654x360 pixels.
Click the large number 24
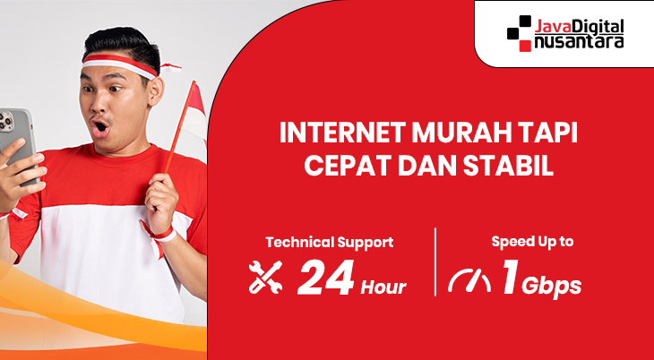[325, 279]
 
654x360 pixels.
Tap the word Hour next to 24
[383, 287]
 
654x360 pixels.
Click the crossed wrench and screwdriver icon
[265, 279]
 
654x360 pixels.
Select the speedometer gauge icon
[469, 280]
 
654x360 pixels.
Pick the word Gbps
[552, 287]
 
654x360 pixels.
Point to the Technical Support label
[329, 242]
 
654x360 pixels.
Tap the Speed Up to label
[532, 241]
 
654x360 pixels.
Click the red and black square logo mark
[520, 34]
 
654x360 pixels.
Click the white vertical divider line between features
[435, 262]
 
